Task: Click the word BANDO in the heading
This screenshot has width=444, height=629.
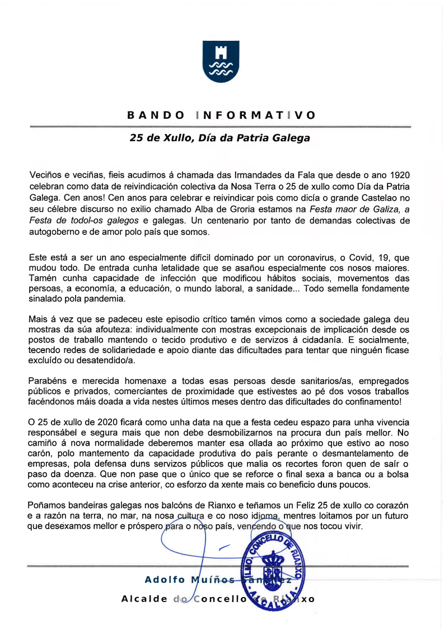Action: click(x=156, y=115)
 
